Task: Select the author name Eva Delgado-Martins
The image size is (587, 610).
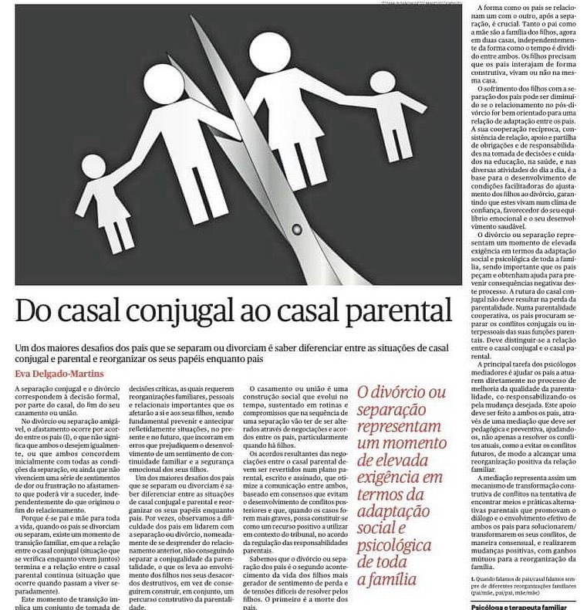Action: (x=61, y=374)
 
